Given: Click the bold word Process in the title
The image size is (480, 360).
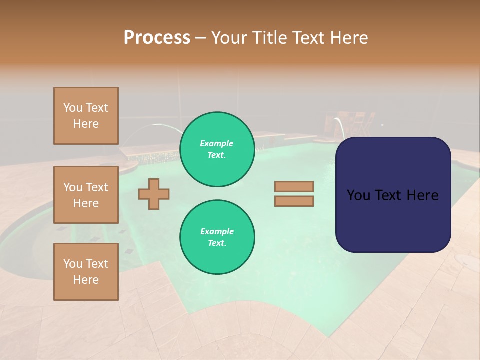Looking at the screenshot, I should (157, 38).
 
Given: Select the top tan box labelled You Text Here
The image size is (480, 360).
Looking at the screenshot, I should (86, 116).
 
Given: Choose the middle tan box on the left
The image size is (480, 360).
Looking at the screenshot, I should (86, 195).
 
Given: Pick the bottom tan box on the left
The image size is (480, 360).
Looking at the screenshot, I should (86, 271).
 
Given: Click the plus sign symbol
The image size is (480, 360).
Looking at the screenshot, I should (154, 194).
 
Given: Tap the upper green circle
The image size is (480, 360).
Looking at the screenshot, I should (217, 149).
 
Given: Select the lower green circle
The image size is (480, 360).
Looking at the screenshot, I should (217, 237).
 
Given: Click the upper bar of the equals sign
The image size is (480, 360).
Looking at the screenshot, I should (294, 186).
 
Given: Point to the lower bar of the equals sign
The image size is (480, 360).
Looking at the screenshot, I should (294, 201).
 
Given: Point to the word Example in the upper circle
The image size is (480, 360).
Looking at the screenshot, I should (216, 143).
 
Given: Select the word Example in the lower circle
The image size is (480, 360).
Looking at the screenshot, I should (217, 231).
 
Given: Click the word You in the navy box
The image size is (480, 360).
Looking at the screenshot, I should (358, 195).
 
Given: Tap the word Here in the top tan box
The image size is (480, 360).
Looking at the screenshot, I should (86, 124).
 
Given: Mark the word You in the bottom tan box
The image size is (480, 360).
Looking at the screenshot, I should (73, 264).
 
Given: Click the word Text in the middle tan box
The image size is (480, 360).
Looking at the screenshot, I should (97, 187).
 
